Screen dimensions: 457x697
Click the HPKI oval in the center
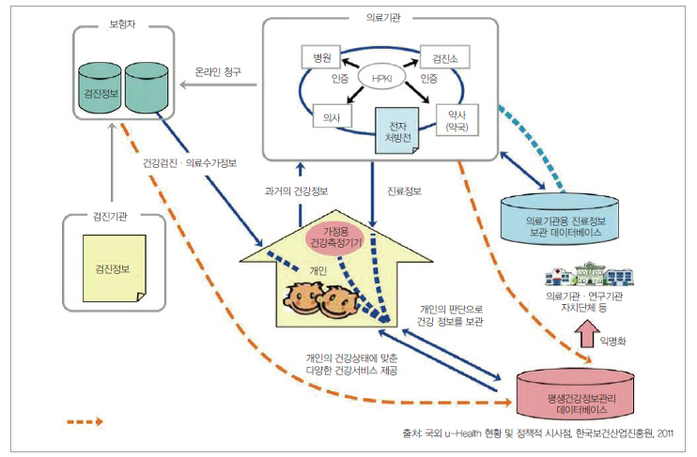pyautogui.click(x=381, y=78)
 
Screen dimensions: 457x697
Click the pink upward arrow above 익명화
pyautogui.click(x=588, y=332)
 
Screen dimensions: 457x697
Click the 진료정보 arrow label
pyautogui.click(x=405, y=192)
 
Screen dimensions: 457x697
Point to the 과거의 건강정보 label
pyautogui.click(x=292, y=192)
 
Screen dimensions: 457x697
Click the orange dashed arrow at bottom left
pyautogui.click(x=98, y=421)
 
